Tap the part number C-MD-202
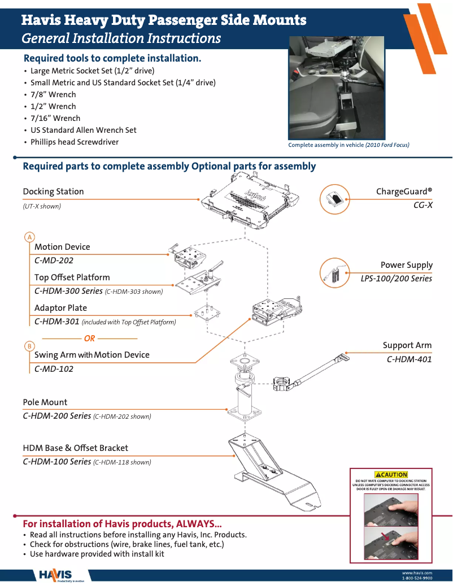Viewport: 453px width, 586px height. [54, 261]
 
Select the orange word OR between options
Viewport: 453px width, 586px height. [89, 338]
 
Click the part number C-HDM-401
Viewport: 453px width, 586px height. [409, 359]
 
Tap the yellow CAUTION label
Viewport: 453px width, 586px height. [391, 475]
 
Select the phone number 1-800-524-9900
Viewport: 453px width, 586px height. [417, 579]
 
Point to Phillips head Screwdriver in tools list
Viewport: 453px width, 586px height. [75, 142]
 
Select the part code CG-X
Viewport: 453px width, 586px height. [422, 205]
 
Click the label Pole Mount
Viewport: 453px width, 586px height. [45, 402]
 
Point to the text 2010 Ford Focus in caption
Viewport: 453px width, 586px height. [387, 145]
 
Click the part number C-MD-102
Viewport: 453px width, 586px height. [54, 369]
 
